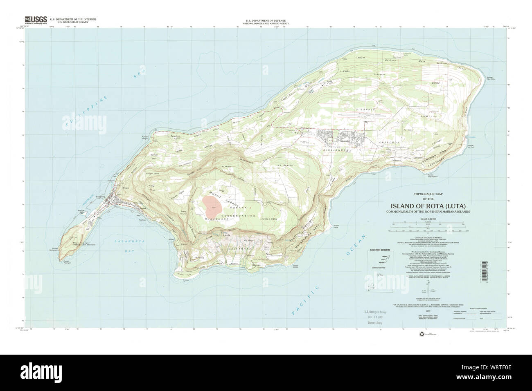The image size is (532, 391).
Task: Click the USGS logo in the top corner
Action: click(x=36, y=20)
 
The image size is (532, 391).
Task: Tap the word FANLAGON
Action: click(x=268, y=219)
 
